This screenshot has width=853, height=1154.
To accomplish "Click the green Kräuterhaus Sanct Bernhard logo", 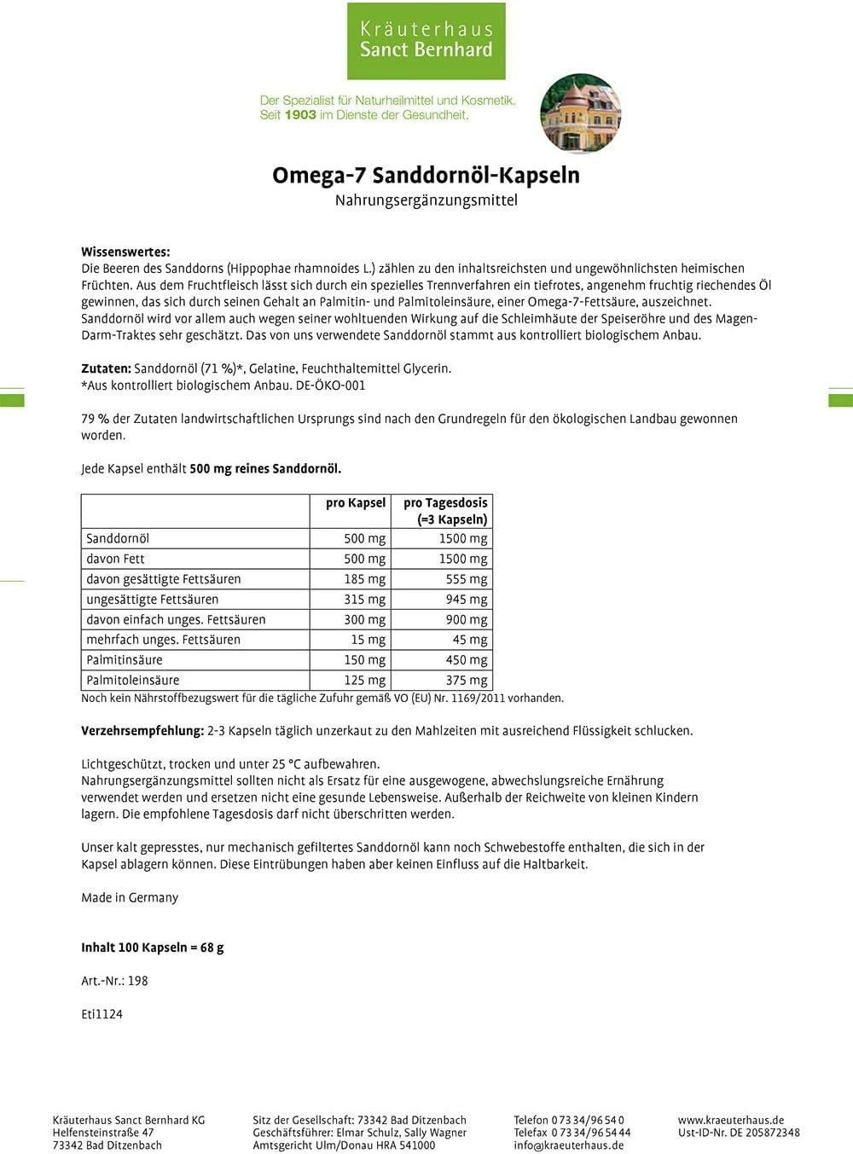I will [x=426, y=40].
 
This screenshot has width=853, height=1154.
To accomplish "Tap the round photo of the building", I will [x=580, y=113].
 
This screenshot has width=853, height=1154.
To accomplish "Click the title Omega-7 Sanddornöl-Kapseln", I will [x=426, y=175].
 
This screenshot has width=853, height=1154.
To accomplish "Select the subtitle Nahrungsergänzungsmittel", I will [x=426, y=200].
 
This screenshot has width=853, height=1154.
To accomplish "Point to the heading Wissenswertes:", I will [x=125, y=252].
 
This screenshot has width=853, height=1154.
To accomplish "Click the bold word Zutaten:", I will [x=106, y=368].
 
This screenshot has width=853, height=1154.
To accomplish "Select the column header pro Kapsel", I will [x=355, y=503].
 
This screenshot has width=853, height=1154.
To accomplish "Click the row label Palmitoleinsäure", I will [x=133, y=681].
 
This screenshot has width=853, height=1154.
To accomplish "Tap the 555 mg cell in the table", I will [x=466, y=579].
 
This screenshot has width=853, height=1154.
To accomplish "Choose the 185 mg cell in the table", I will [x=364, y=579].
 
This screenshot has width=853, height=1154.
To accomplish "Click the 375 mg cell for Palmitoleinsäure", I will [x=466, y=681].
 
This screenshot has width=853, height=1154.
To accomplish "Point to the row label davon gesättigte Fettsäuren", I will [x=163, y=579].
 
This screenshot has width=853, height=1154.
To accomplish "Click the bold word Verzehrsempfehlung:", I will [x=142, y=731].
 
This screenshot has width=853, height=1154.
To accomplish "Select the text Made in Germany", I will [x=130, y=897].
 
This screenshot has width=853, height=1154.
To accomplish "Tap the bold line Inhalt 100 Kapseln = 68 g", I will [x=152, y=948].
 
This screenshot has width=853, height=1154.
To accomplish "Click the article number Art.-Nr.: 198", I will [x=114, y=981].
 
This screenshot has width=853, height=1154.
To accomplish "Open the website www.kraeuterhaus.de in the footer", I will [x=730, y=1120].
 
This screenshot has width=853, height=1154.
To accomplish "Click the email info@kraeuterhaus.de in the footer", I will [x=568, y=1145].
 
